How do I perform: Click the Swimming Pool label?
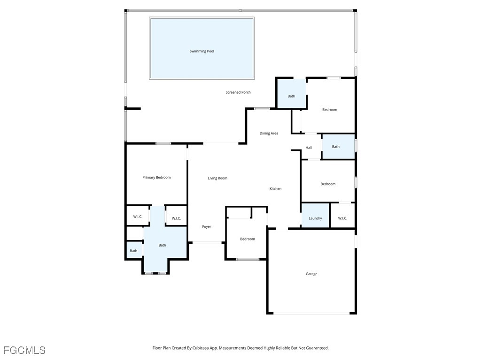click(x=202, y=51)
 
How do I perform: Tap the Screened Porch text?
click(x=238, y=92)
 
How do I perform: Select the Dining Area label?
click(x=269, y=133)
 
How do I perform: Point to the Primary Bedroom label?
click(x=156, y=177)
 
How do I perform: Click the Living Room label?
click(x=217, y=178)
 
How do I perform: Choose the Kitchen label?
click(x=275, y=188)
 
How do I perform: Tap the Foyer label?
click(x=207, y=226)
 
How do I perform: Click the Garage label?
click(x=311, y=274)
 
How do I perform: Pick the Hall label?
click(x=309, y=148)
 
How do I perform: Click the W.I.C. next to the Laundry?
click(x=342, y=218)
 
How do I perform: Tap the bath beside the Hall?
click(x=336, y=147)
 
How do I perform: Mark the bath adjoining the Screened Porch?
click(x=291, y=96)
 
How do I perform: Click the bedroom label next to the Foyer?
click(x=248, y=239)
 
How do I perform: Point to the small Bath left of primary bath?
click(x=133, y=250)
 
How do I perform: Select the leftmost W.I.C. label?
click(x=138, y=217)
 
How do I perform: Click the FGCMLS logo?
click(x=24, y=350)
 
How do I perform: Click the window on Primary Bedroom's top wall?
click(x=163, y=143)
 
